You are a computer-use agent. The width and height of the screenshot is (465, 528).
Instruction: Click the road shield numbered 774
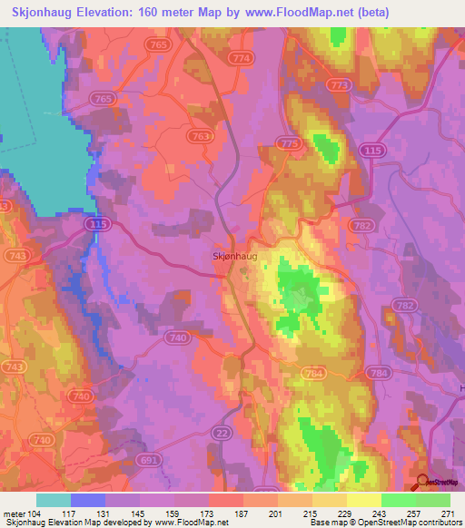coord(241,57)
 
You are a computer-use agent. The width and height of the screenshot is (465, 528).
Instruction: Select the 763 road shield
coord(203,136)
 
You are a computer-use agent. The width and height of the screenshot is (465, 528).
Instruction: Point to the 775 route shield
coord(290,144)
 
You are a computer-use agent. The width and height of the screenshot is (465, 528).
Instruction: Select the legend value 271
coord(448,513)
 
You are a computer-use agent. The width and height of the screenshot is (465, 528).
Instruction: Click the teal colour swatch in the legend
coord(54,500)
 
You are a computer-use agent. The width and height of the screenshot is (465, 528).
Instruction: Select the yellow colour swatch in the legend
coord(364,500)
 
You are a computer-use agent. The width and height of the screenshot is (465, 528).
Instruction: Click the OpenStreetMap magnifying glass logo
coord(423,482)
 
